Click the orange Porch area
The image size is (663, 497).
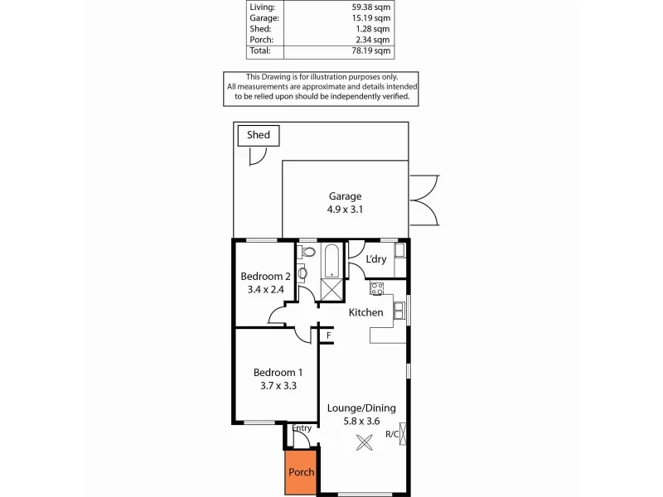click(301, 473)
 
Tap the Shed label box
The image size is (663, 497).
click(259, 136)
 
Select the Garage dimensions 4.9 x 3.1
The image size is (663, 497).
click(345, 210)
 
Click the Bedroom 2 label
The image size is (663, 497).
click(265, 276)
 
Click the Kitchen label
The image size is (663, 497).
click(365, 312)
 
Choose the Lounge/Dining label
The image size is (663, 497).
click(361, 408)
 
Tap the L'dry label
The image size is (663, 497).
click(376, 259)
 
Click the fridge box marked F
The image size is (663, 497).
click(328, 335)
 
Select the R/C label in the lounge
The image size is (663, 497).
click(392, 434)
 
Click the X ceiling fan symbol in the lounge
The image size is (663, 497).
click(364, 442)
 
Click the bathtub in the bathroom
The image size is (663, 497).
click(331, 260)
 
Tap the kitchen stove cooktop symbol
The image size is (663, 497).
click(377, 288)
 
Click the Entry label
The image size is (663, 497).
click(302, 428)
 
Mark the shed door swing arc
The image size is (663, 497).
click(258, 156)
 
